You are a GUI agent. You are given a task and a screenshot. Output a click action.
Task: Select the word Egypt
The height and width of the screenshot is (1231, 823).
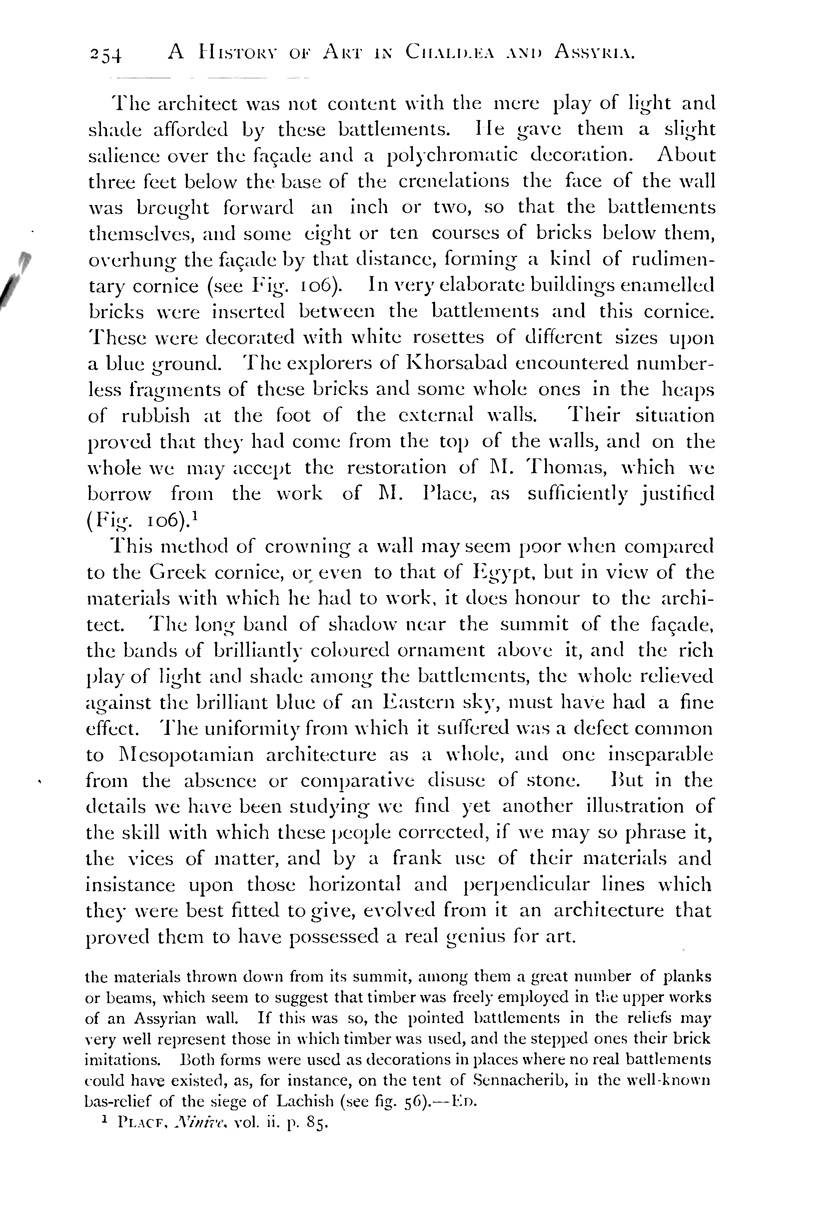[x=505, y=573]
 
